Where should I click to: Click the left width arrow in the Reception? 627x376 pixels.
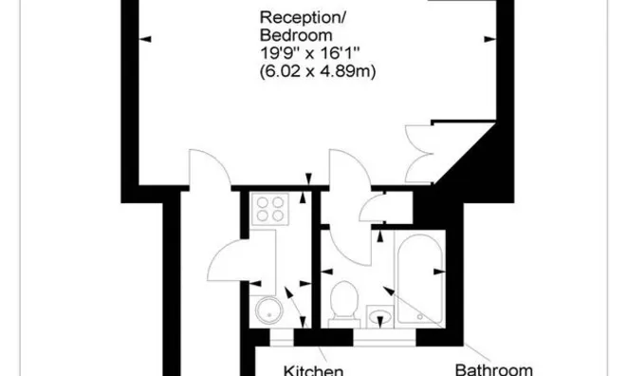pyautogui.click(x=145, y=39)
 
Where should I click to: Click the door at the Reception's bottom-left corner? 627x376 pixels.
pyautogui.click(x=208, y=169)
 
